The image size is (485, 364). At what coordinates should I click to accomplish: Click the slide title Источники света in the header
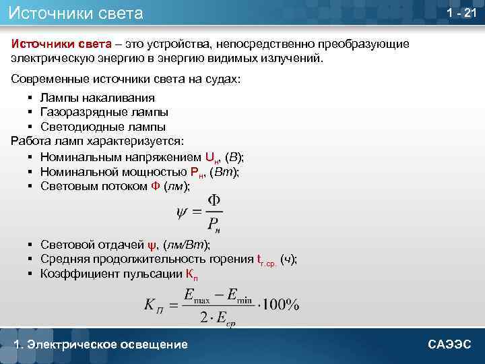click(76, 13)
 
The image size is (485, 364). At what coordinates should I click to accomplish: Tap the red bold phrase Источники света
click(61, 44)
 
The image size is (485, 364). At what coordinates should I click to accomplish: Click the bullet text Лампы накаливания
click(98, 98)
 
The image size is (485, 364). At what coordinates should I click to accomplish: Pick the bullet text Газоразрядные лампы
click(104, 112)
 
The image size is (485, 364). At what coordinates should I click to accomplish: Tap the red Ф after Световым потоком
click(156, 186)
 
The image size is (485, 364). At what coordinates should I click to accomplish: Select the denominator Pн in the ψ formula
click(213, 223)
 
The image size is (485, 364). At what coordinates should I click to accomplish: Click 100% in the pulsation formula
click(282, 305)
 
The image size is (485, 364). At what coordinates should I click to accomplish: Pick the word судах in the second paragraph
click(222, 79)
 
